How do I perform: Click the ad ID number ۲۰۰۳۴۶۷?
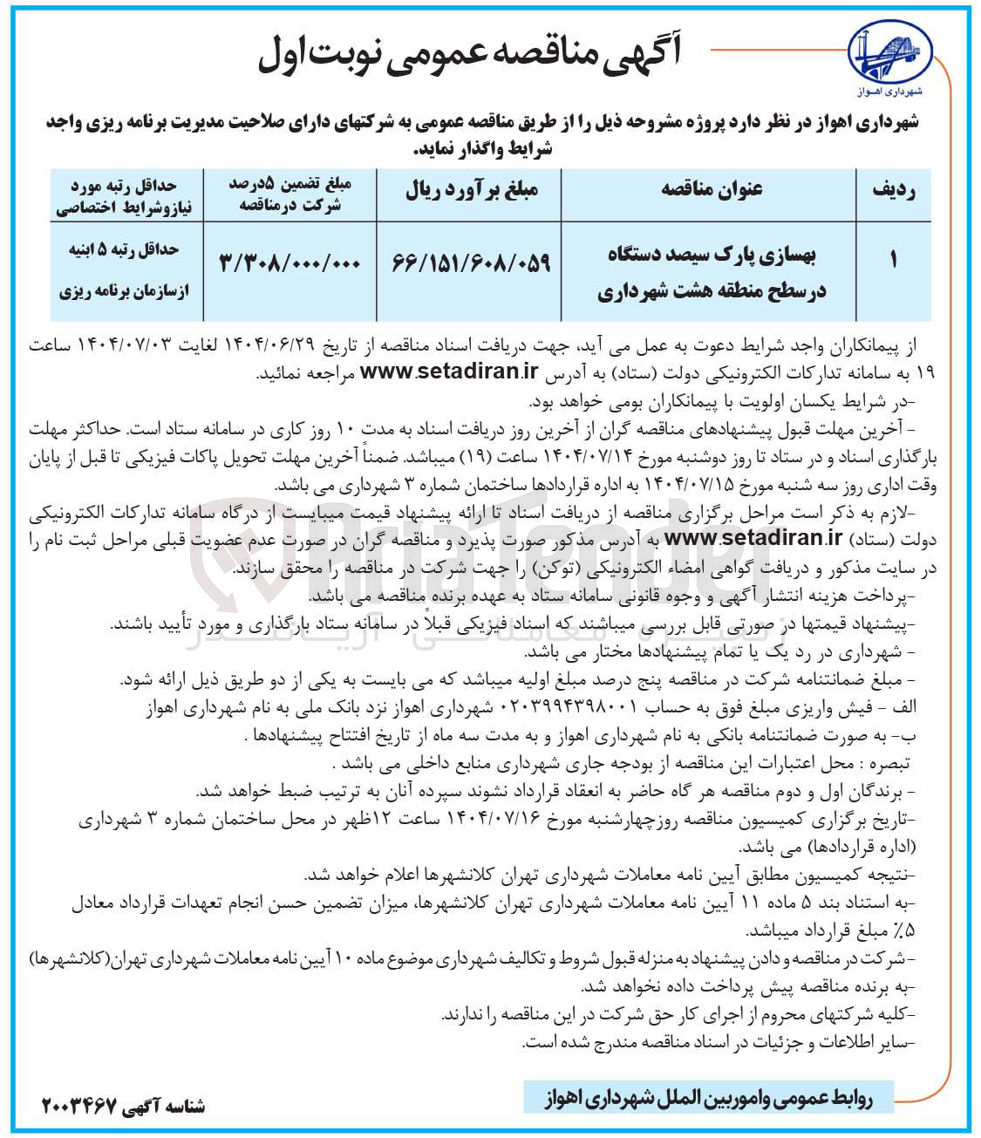point(80,1105)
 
